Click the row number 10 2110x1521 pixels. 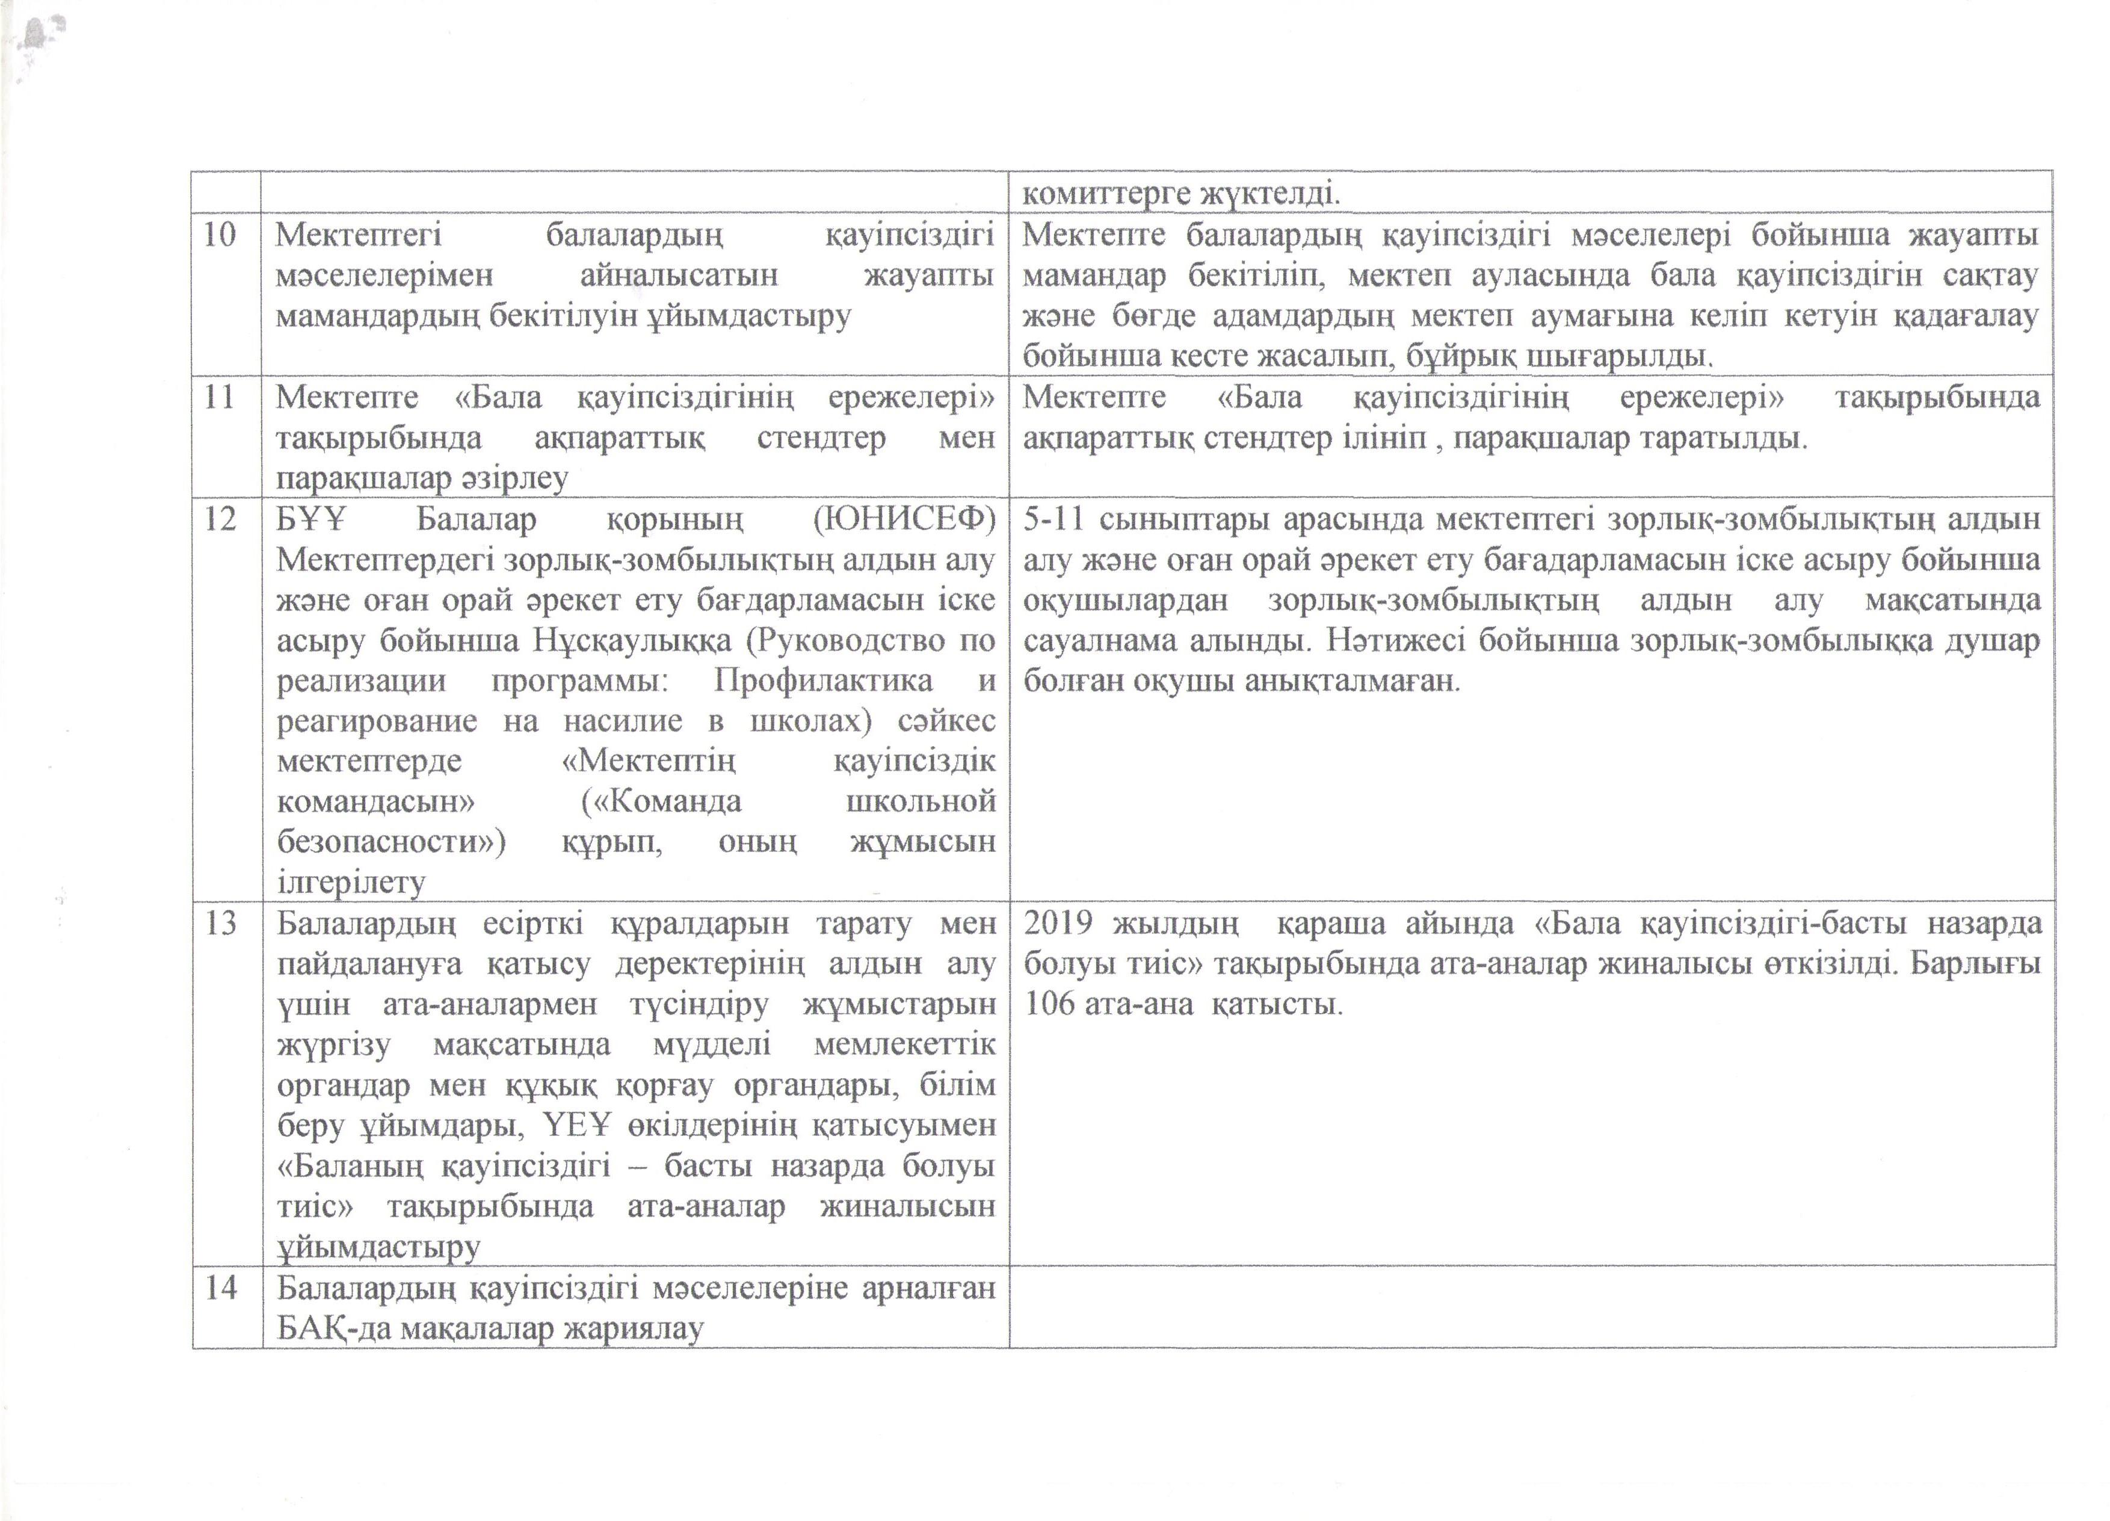coord(220,235)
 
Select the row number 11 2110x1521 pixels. coord(220,397)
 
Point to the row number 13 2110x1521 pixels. coord(220,923)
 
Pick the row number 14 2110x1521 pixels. coord(220,1288)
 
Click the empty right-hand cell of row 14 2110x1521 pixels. coord(1531,1307)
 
